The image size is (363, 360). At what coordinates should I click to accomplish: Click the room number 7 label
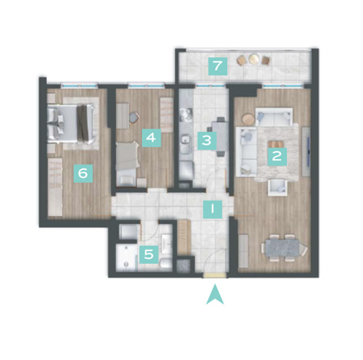click(218, 66)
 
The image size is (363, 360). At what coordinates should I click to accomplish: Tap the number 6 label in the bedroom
click(83, 173)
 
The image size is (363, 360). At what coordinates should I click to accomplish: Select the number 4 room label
click(151, 138)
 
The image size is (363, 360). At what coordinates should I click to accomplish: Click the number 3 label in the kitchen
click(207, 140)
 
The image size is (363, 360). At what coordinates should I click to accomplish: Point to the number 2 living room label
click(277, 156)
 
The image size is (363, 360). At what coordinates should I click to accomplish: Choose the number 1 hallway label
click(213, 209)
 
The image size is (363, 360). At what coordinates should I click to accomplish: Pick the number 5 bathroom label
click(149, 255)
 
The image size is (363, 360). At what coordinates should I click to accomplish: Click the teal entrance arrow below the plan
click(215, 295)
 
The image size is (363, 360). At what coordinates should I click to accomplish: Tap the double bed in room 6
click(70, 124)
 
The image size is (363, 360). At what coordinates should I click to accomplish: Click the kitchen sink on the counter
click(186, 140)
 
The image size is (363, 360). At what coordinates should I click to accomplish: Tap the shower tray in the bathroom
click(127, 258)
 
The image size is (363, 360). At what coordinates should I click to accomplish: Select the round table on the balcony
click(253, 58)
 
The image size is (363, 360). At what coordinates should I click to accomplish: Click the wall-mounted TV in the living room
click(309, 151)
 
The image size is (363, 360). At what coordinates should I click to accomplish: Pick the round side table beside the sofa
click(248, 119)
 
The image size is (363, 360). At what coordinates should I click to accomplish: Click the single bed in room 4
click(128, 164)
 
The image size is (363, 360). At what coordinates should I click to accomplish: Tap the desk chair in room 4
click(134, 118)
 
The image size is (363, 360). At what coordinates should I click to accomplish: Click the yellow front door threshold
click(215, 276)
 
